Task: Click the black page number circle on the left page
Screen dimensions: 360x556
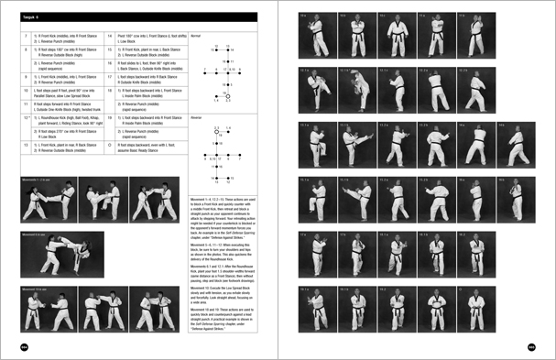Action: pos(25,346)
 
